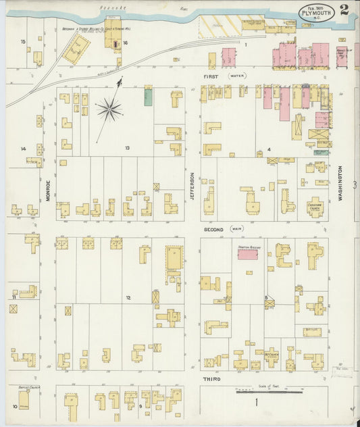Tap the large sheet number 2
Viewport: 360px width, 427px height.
point(344,10)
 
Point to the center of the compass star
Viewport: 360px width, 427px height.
point(108,107)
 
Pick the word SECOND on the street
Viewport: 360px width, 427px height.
point(214,229)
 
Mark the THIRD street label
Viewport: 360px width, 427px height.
point(211,380)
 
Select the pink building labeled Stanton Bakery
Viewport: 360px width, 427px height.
point(248,254)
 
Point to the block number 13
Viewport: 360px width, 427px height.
point(126,147)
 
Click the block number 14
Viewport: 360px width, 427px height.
point(23,149)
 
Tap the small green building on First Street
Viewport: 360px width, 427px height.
point(148,97)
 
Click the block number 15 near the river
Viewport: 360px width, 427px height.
point(23,42)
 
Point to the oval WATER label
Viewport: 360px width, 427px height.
point(238,77)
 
